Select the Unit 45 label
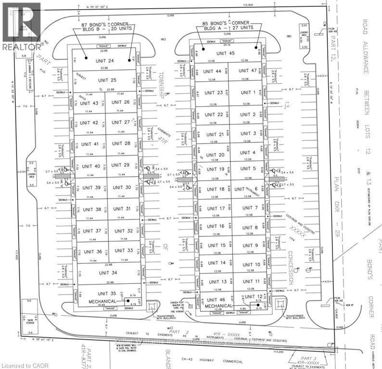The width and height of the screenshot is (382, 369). (x=226, y=53)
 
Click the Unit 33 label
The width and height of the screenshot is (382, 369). (x=124, y=251)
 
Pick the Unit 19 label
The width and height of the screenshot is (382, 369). (x=215, y=169)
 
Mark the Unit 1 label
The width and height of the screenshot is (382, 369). (x=248, y=92)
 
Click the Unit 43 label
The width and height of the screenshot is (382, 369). (x=89, y=103)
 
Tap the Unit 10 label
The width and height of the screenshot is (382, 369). (x=251, y=264)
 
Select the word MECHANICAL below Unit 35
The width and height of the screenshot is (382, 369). (x=99, y=301)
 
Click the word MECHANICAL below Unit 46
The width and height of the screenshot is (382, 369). (x=219, y=306)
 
